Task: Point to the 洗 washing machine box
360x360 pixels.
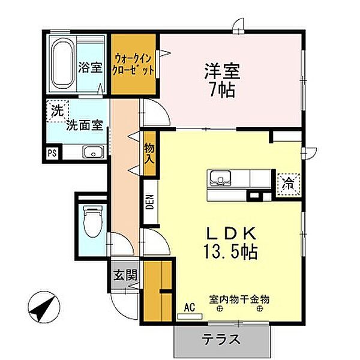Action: point(56,110)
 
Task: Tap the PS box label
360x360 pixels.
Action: point(52,153)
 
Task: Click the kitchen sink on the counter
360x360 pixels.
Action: point(220,179)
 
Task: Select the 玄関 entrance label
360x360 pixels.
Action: point(125,275)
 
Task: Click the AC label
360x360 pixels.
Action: point(190,308)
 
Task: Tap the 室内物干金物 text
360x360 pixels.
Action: point(239,298)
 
